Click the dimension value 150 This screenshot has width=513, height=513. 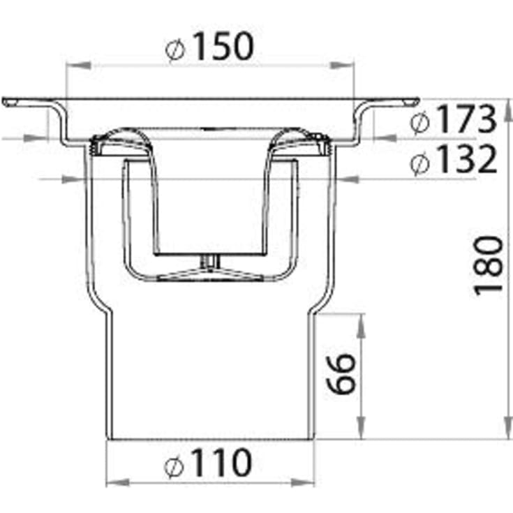tap(224, 46)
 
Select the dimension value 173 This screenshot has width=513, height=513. tap(466, 119)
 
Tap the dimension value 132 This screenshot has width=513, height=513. tap(467, 159)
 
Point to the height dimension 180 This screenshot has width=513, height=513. tap(488, 265)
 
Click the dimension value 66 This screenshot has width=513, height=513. tap(341, 373)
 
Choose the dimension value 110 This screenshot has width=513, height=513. tap(223, 463)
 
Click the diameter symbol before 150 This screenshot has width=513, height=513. tap(175, 50)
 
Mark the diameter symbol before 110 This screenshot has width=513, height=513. tap(173, 466)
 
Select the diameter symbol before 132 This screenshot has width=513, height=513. tap(419, 163)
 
